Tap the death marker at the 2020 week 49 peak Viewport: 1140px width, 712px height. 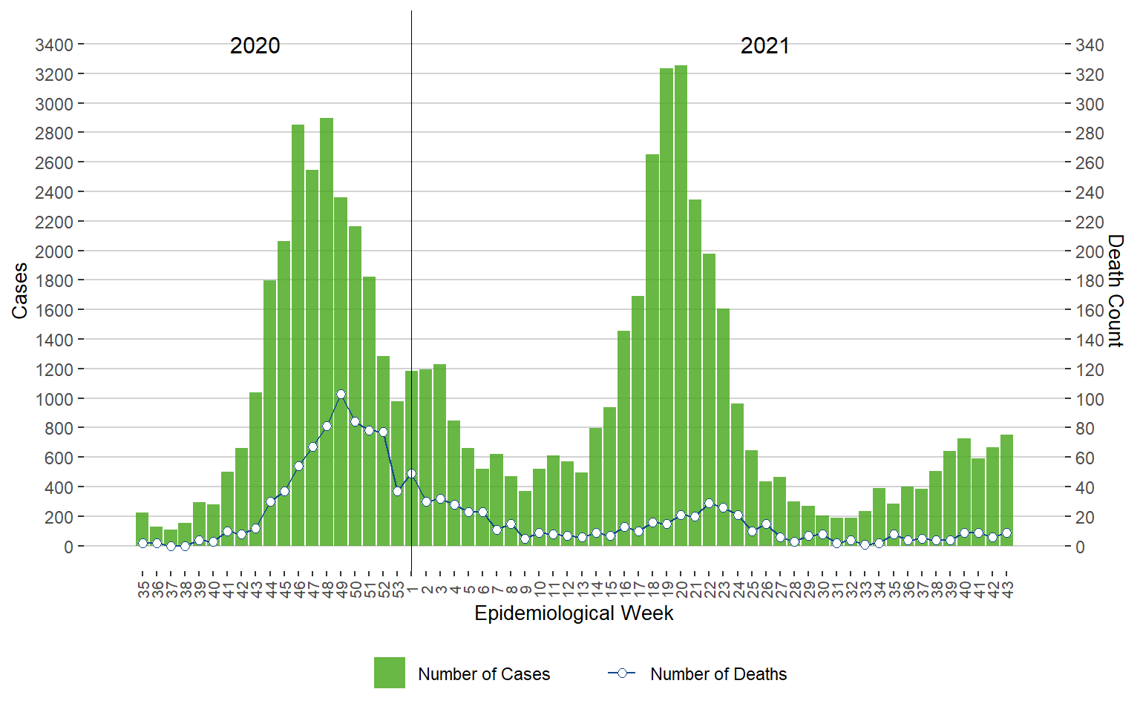[341, 395]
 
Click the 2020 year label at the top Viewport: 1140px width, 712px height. [255, 46]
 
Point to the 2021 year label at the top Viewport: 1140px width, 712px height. [764, 46]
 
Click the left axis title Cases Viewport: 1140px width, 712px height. [19, 291]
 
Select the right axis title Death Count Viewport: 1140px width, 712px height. [1116, 291]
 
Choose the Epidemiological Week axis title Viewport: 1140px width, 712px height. [574, 613]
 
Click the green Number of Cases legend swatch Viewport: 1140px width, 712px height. [389, 673]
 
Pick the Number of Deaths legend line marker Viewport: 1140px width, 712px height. [622, 673]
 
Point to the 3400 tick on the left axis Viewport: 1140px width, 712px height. [54, 45]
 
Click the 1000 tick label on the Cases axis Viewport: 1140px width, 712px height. [54, 399]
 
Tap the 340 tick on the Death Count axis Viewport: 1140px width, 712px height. [1090, 45]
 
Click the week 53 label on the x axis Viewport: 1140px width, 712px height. [398, 590]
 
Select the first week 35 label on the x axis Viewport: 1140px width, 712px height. [142, 590]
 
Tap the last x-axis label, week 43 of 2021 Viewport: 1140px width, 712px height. [1007, 590]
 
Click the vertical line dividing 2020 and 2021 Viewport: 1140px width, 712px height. [411, 222]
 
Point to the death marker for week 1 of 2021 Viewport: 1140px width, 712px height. [411, 474]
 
